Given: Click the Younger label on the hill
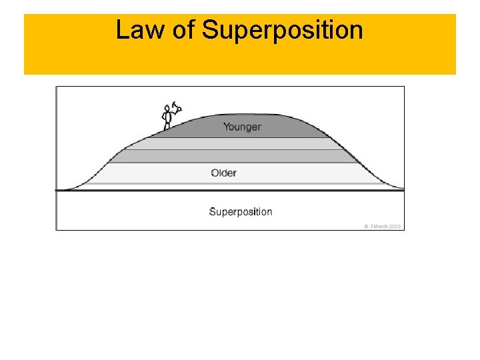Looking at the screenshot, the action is click(242, 127).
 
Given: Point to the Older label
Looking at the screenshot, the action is click(224, 173).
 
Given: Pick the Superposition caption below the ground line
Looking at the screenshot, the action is click(241, 212).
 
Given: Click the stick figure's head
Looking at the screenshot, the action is click(167, 109).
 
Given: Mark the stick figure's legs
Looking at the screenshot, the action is click(167, 125).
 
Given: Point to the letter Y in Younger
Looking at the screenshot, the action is click(226, 127).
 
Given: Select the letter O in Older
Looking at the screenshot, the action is click(215, 173).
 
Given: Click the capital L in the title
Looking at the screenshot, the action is click(122, 30).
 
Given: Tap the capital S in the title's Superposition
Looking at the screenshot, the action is click(210, 30).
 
